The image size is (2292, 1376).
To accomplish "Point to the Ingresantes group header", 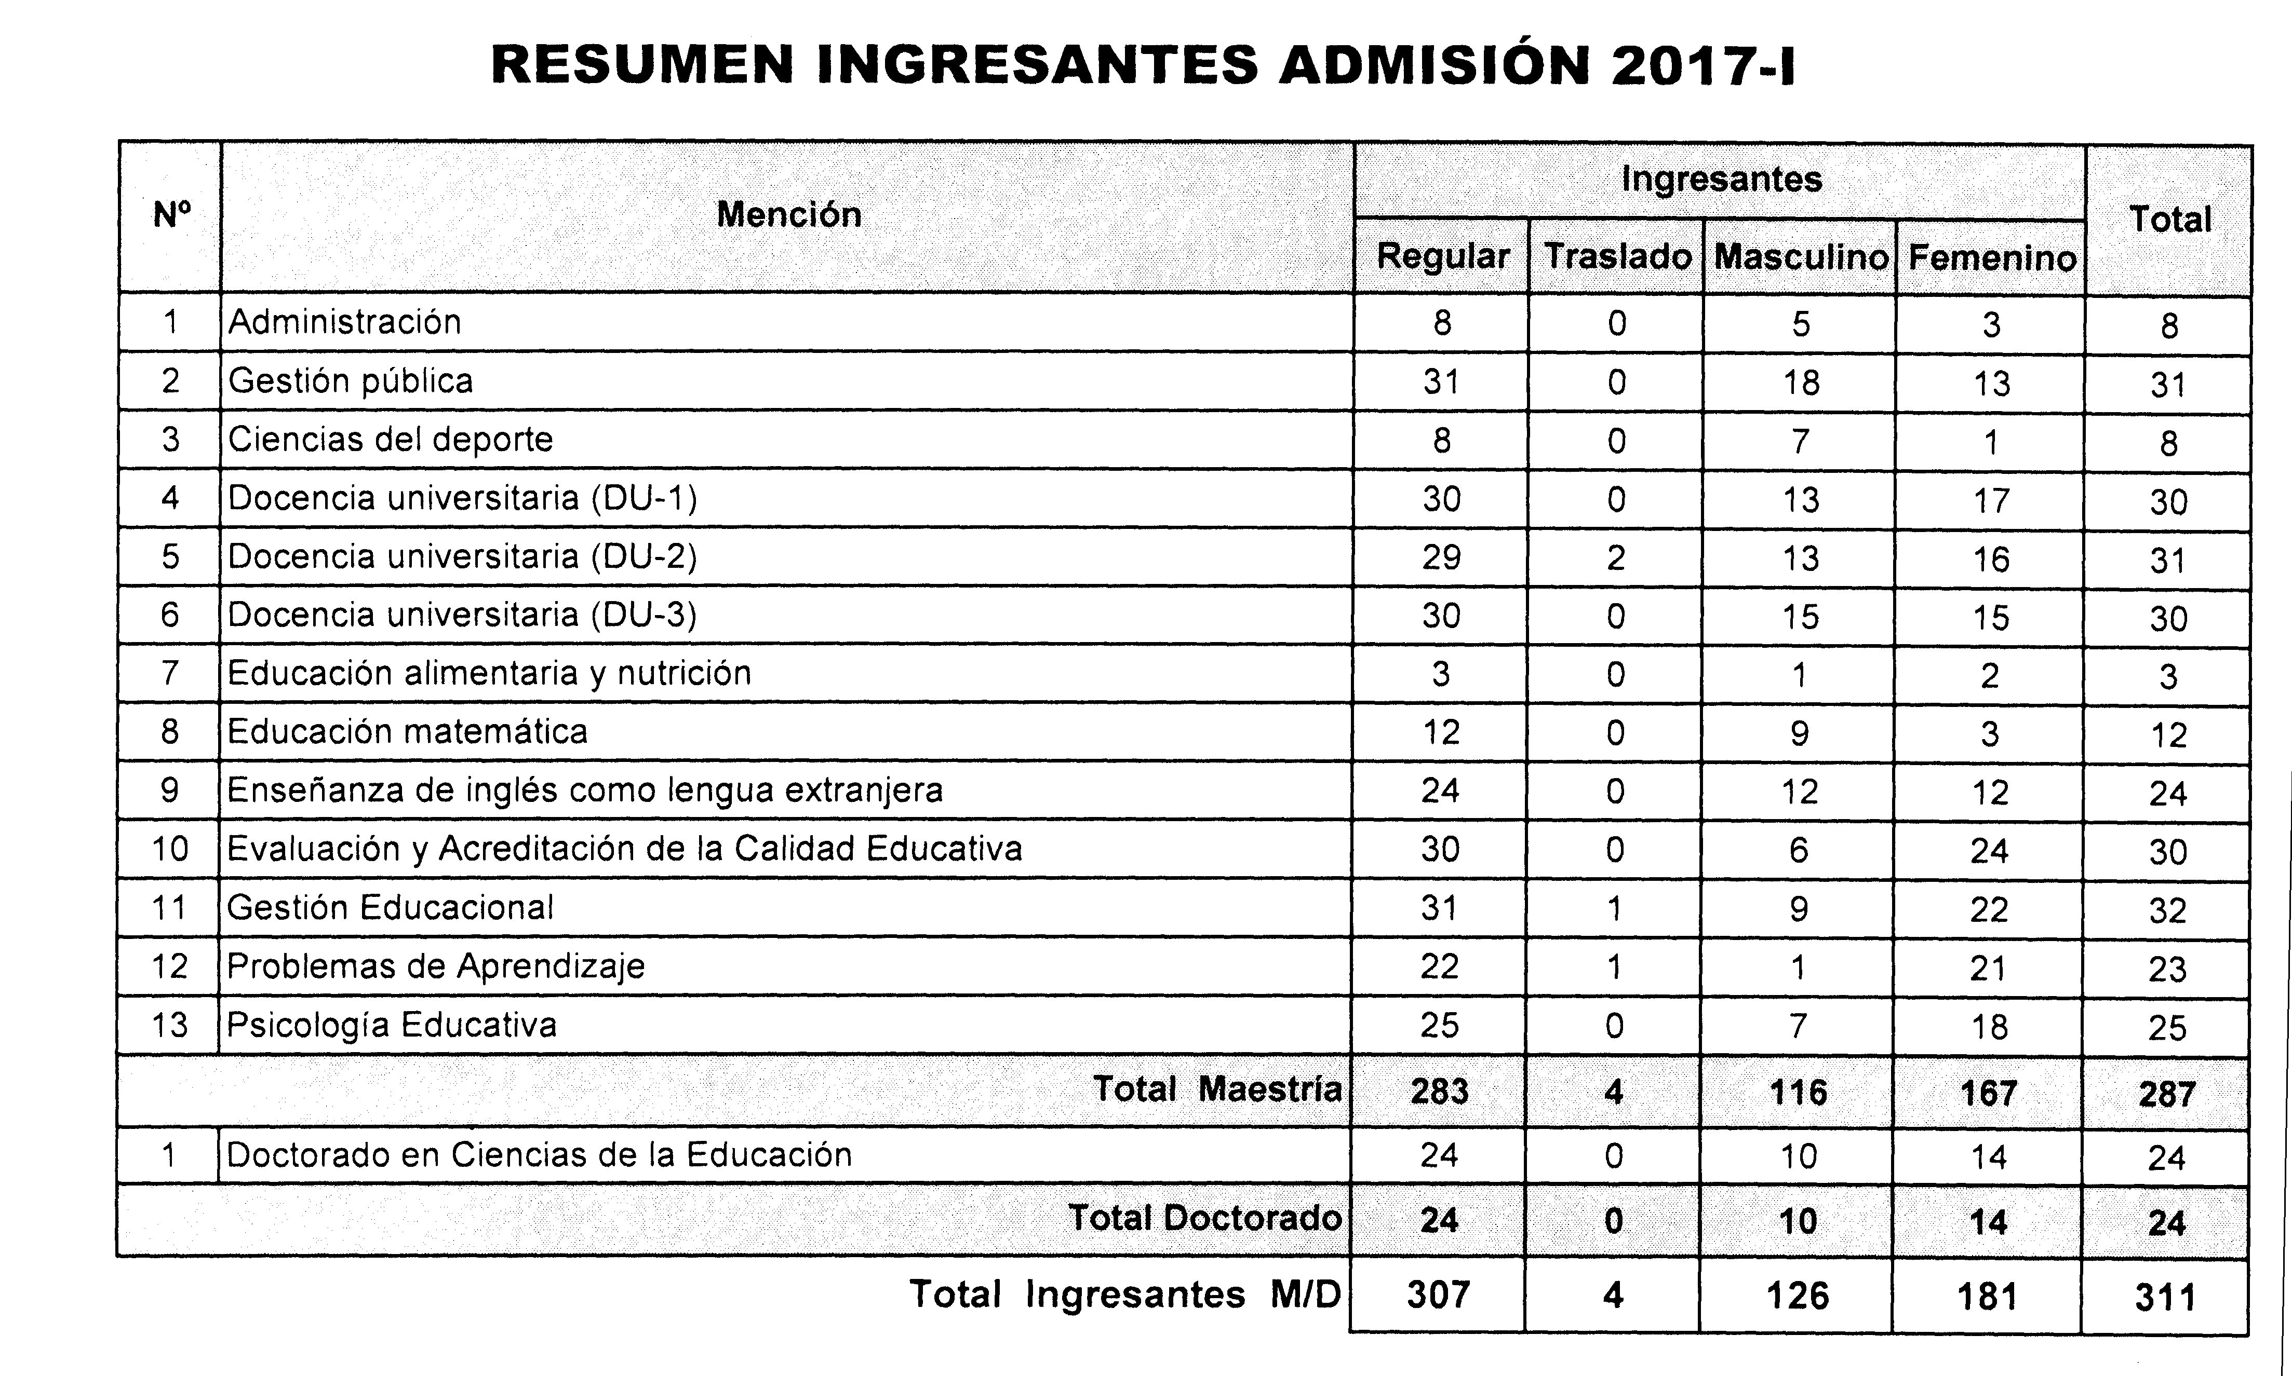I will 1721,179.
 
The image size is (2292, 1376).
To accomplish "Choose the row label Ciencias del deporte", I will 391,440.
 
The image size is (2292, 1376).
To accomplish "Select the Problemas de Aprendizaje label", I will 435,966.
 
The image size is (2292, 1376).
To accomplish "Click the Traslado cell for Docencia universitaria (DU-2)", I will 1616,557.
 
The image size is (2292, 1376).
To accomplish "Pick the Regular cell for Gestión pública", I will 1441,381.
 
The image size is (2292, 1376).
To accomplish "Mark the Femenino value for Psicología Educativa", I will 1990,1027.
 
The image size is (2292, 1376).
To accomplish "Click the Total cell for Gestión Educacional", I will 2168,910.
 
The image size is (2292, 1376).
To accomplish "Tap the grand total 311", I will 2166,1297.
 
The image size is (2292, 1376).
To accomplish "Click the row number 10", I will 170,849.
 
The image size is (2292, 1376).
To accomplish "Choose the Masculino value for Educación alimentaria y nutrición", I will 1800,674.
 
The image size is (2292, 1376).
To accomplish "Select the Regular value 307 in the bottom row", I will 1439,1295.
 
